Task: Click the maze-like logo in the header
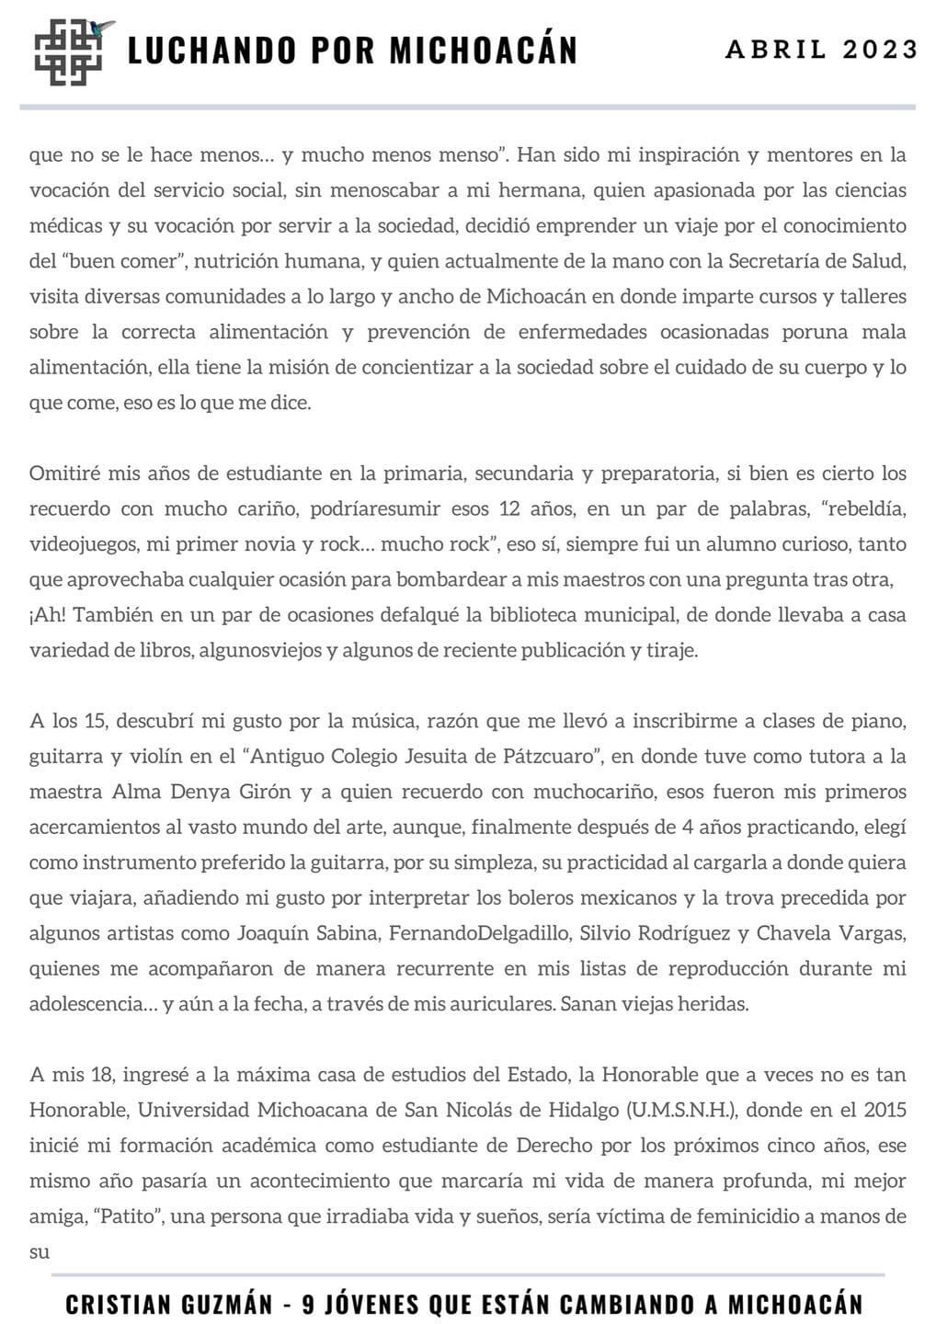(70, 52)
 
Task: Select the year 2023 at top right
(881, 50)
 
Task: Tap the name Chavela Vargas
(832, 933)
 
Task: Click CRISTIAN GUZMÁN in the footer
(169, 1304)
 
